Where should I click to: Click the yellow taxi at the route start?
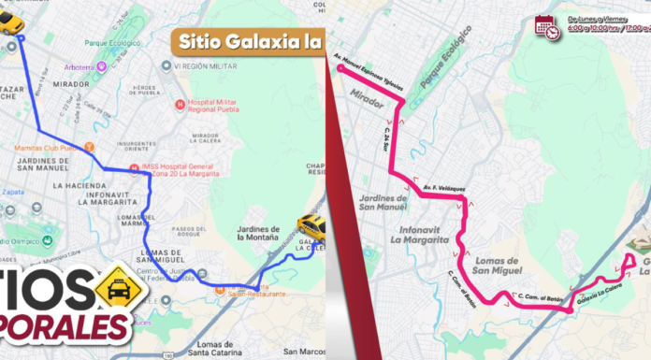10,22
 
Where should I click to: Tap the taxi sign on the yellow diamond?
119,285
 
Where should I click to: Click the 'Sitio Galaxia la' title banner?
247,40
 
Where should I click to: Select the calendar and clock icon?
547,26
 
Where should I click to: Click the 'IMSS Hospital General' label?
181,168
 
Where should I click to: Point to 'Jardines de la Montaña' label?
259,235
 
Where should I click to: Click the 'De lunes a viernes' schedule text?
594,19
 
